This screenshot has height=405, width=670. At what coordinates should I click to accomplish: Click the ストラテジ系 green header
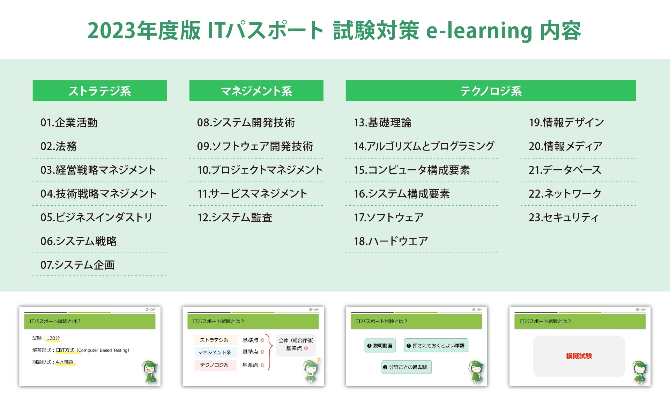(x=99, y=91)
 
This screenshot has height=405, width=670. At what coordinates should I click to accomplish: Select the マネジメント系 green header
(x=256, y=91)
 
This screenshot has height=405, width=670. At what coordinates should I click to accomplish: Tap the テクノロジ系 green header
(x=491, y=91)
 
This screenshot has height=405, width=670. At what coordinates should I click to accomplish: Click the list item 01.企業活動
(x=69, y=123)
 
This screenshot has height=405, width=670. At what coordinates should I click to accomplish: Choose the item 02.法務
(x=59, y=146)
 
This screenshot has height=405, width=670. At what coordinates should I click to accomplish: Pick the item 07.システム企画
(x=77, y=265)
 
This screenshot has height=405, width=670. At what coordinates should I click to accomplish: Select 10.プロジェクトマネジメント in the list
(x=260, y=170)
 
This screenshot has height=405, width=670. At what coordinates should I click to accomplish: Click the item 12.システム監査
(x=234, y=218)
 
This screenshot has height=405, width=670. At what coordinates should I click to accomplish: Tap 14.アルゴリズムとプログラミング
(x=424, y=146)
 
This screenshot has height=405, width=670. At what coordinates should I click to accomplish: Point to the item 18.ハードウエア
(x=391, y=241)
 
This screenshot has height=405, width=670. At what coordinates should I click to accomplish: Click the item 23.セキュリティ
(x=563, y=218)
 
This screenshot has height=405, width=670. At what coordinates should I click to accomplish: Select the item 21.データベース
(x=565, y=170)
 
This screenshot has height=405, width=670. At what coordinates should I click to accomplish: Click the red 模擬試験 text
(x=579, y=356)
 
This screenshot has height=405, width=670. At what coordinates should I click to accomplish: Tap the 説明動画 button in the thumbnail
(x=380, y=346)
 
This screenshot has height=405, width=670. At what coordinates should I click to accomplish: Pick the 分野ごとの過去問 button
(x=407, y=367)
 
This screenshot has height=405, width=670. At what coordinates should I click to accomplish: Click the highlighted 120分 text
(x=53, y=338)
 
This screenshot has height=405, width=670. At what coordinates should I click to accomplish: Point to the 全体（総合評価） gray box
(x=296, y=344)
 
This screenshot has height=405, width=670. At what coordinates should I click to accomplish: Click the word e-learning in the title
(x=479, y=31)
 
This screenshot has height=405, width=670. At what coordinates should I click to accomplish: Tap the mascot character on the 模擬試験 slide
(x=640, y=372)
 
